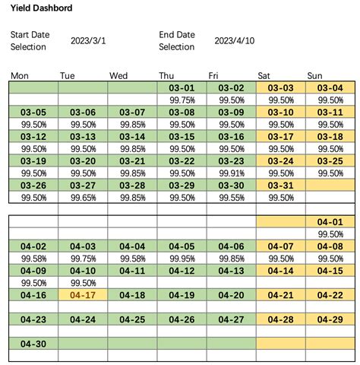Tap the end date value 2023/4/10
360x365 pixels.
coord(235,40)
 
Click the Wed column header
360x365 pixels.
coord(118,75)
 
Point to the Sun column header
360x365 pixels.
coord(314,75)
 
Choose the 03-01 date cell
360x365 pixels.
coord(182,88)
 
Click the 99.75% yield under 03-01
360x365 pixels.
coord(182,100)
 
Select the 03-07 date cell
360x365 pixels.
coord(132,113)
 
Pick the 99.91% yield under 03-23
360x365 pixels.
coord(231,173)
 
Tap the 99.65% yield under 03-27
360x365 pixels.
coord(83,197)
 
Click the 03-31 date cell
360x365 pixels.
coord(280,186)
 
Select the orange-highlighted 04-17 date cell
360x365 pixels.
coord(83,295)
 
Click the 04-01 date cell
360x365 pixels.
coord(330,222)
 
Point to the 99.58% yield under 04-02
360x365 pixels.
coord(33,258)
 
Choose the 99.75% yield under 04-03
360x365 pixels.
coord(83,258)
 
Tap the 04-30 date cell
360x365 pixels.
coord(33,344)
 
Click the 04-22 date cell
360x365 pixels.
coord(330,295)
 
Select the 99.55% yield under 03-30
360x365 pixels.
coord(231,197)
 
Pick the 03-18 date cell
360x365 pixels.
coord(330,137)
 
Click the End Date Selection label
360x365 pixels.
coord(177,40)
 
